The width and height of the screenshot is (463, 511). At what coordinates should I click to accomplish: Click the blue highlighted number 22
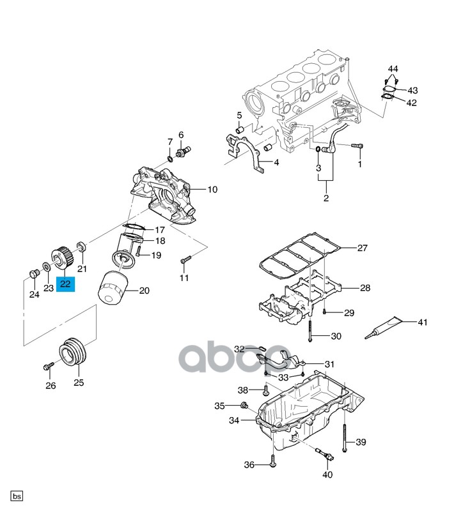tap(66, 284)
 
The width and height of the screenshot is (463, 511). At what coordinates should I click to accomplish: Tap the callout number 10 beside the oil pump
tap(212, 189)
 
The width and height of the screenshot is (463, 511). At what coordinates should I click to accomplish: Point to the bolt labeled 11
tap(185, 260)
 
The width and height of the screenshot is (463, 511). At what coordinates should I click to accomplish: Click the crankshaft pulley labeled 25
tap(73, 354)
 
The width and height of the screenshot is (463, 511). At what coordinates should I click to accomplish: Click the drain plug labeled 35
tap(244, 406)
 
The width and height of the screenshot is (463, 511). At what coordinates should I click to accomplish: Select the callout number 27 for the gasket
tap(362, 248)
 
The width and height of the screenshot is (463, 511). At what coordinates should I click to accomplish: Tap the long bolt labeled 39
tap(345, 438)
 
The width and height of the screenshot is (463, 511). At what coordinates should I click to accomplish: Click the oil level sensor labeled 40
tap(324, 454)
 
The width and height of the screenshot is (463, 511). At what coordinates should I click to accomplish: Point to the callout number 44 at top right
tap(393, 69)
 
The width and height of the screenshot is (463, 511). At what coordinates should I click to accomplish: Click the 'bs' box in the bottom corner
tap(17, 496)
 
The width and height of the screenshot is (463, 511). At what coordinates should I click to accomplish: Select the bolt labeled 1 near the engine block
tap(357, 146)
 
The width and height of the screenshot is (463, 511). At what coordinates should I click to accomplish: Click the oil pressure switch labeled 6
tap(184, 151)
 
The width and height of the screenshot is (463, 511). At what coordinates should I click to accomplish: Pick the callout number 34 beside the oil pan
tap(234, 420)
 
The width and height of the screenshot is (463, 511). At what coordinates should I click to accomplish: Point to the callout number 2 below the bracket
tap(326, 198)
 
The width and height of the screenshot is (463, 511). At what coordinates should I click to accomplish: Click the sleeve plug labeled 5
tap(241, 130)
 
